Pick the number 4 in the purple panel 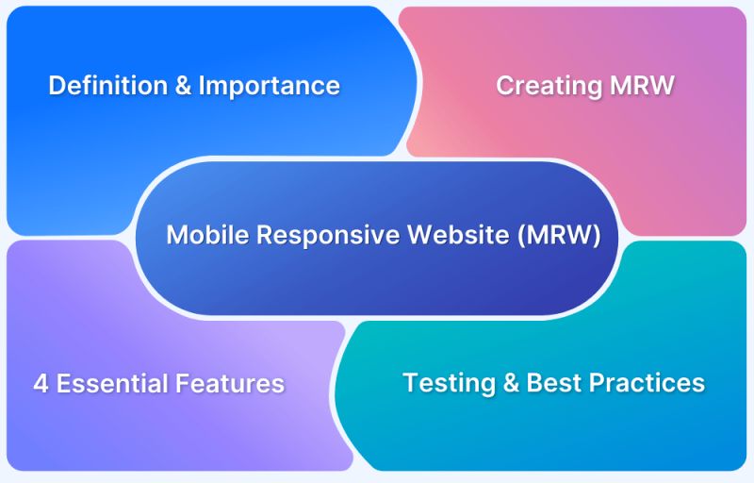[x=41, y=384]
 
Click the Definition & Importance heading [x=193, y=86]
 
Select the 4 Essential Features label [x=158, y=384]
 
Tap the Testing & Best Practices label [x=553, y=383]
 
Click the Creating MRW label [x=585, y=86]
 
